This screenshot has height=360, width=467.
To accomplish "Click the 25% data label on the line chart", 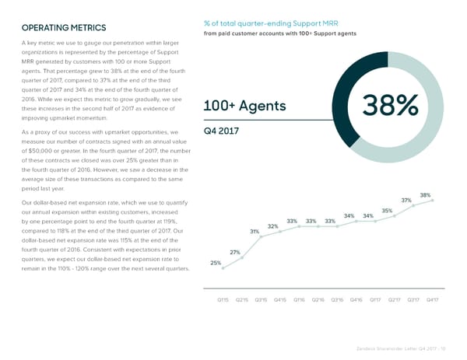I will click(x=216, y=263).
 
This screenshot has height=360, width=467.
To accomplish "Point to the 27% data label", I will click(x=235, y=252).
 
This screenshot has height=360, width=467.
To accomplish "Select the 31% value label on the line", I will click(x=255, y=231).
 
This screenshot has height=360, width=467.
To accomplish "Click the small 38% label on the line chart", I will click(x=425, y=194).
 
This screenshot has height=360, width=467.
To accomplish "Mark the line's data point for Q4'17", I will click(x=433, y=201).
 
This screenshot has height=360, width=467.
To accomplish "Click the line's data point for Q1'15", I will click(x=223, y=268).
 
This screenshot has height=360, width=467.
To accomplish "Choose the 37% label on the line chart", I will click(x=406, y=200).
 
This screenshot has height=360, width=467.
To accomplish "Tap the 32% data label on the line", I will click(x=273, y=226).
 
